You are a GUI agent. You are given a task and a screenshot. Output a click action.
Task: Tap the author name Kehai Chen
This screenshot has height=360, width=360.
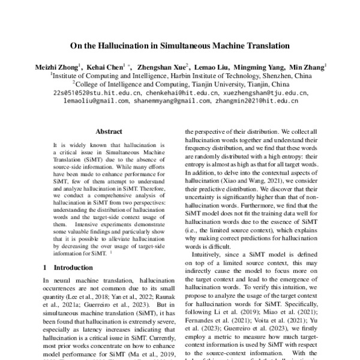tap(106, 67)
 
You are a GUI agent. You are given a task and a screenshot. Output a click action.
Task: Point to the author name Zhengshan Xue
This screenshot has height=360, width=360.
tap(163, 67)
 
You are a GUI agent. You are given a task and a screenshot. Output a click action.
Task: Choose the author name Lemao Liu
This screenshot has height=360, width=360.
tap(212, 67)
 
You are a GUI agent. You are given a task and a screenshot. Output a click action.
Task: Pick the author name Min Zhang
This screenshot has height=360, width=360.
tap(307, 67)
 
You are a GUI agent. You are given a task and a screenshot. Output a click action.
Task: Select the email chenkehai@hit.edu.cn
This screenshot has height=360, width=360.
tap(170, 94)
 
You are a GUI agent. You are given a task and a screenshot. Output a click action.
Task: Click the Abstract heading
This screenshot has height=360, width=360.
tap(109, 131)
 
